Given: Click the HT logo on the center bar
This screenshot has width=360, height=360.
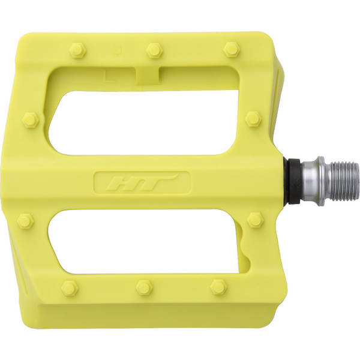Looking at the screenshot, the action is (x=142, y=183).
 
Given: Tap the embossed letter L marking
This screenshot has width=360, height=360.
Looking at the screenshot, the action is (x=109, y=76).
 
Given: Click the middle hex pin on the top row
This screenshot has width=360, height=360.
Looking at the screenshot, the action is (x=154, y=50).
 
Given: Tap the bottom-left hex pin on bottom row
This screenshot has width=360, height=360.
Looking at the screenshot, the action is (x=70, y=288).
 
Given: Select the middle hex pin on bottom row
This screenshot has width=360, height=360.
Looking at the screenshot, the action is (x=144, y=287).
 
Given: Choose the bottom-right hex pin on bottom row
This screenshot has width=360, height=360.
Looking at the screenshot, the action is (x=219, y=287).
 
